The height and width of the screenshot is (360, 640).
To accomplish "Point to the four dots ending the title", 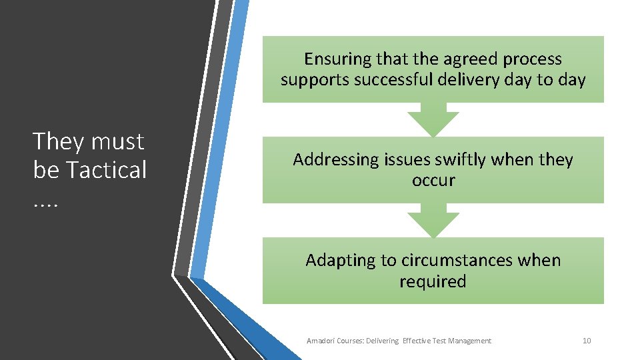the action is (x=45, y=200).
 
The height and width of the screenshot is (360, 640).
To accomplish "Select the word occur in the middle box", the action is (x=433, y=180).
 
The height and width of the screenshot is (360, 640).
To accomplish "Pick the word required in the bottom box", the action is (x=433, y=281).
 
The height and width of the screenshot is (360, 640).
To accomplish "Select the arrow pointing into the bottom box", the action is (x=433, y=221).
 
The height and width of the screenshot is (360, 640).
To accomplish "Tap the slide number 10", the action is (x=587, y=341).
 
